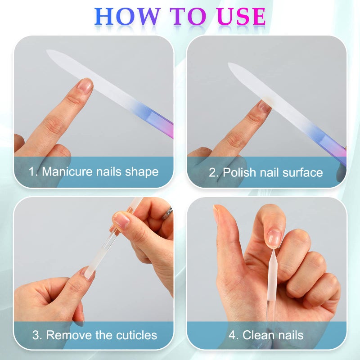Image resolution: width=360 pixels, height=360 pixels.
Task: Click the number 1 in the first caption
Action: (32, 172)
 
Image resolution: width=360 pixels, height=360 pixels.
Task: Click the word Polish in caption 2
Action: (238, 172)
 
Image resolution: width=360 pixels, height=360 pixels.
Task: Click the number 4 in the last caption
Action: (233, 335)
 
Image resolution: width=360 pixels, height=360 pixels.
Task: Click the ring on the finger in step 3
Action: (168, 212)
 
